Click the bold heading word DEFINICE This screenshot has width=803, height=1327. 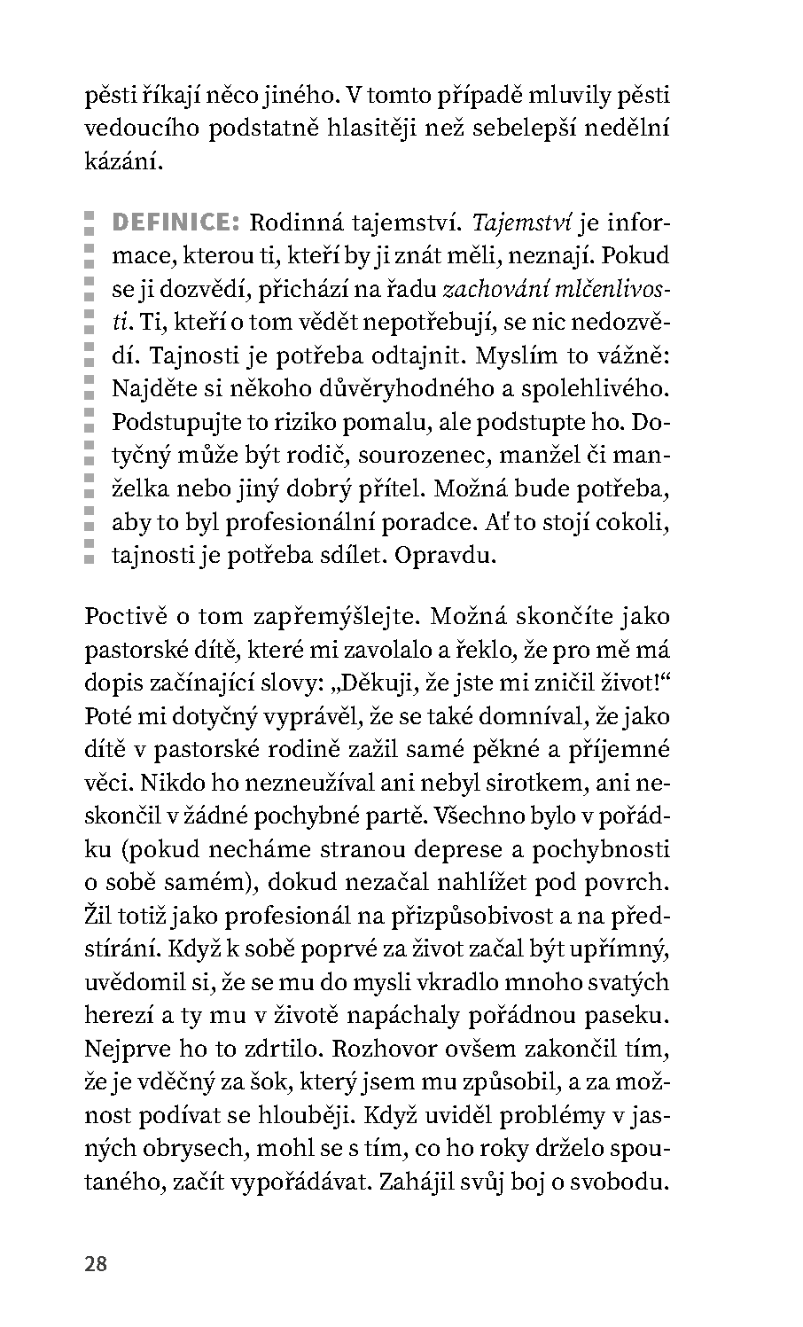[176, 222]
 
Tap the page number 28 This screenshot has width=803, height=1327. [96, 1263]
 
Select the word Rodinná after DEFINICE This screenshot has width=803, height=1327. [294, 222]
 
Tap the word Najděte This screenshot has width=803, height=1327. [148, 389]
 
